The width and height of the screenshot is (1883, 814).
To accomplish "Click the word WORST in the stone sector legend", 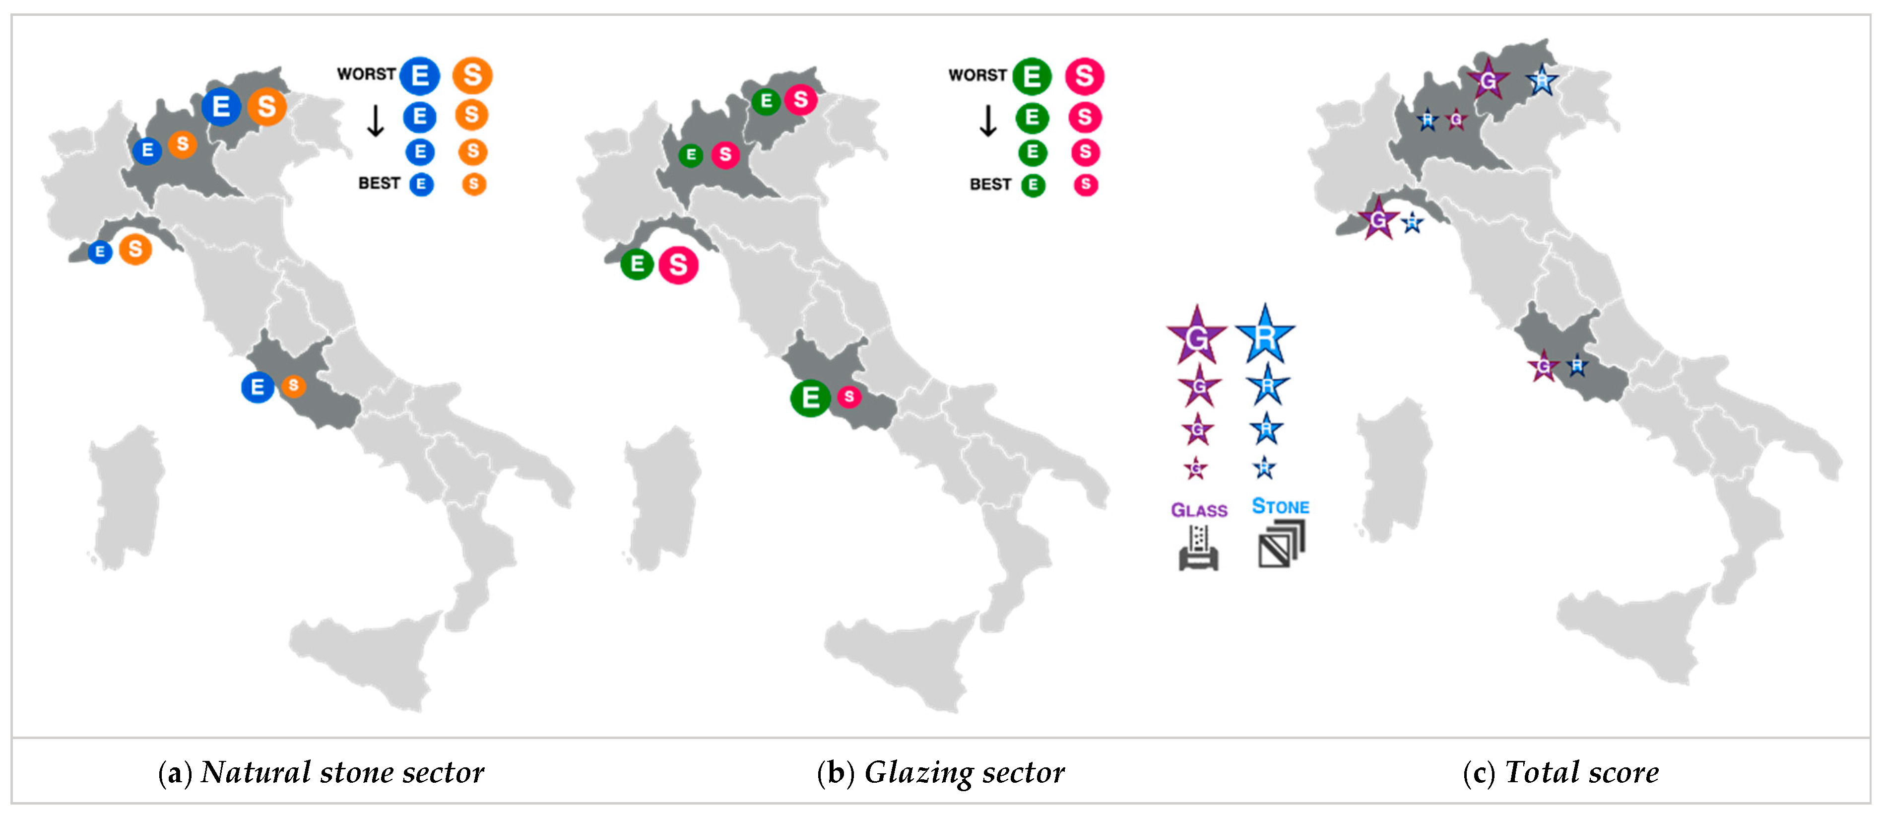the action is pos(366,74).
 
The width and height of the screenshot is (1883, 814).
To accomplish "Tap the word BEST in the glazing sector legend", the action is pos(990,184).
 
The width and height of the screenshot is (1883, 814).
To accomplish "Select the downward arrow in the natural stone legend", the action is pos(375,121).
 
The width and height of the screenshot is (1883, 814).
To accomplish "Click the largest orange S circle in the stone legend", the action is pos(472,75).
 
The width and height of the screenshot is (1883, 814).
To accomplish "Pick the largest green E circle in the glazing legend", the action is pos(1032,76).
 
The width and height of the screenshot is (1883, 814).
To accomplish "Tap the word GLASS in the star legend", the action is pos(1199,510).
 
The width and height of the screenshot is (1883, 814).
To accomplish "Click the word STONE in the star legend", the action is pos(1281,506).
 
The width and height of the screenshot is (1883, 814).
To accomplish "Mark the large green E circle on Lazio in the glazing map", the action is pos(810,398).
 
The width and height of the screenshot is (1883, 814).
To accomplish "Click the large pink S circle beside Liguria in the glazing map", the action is pos(678,265).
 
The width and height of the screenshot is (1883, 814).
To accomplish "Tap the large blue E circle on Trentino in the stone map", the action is pos(221,107).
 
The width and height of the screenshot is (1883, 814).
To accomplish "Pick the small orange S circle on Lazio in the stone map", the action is pos(293,386).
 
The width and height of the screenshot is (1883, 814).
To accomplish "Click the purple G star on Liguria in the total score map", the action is pos(1378,219).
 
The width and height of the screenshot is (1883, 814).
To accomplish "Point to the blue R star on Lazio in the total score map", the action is pos(1577,365).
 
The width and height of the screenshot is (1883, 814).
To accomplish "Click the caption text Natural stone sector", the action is pos(341,772).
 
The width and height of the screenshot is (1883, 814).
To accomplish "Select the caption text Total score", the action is pos(1581,772).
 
